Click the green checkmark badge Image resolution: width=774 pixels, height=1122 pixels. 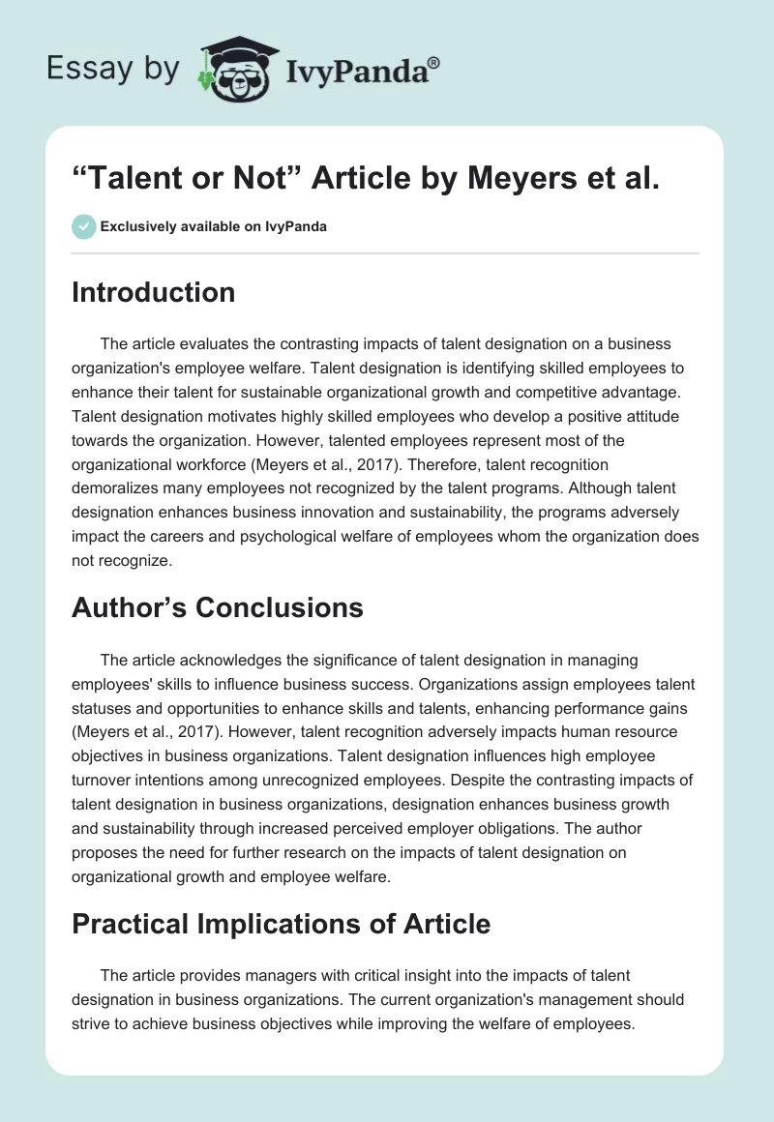coord(83,226)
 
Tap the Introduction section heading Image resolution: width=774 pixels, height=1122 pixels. coord(153,292)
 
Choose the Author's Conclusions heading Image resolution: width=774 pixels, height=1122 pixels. coord(217,606)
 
